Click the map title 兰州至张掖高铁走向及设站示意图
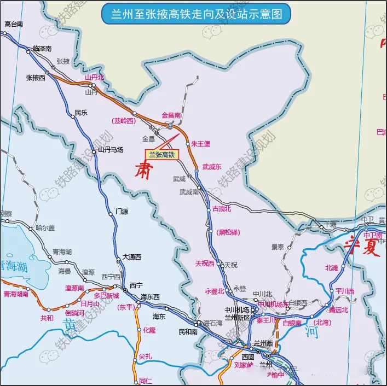coord(193,13)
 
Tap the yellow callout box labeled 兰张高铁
coord(158,155)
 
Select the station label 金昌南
coord(171,115)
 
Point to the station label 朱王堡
coord(201,144)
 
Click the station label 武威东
coord(212,167)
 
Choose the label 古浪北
coord(222,209)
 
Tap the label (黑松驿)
coord(229,232)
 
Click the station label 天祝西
coord(205,264)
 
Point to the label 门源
coord(122,212)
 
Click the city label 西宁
coord(136,285)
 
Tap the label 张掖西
coord(36,78)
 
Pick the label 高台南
coord(14,24)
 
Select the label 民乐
coord(81,113)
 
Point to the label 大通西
coord(131,257)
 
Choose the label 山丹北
coord(94,78)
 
